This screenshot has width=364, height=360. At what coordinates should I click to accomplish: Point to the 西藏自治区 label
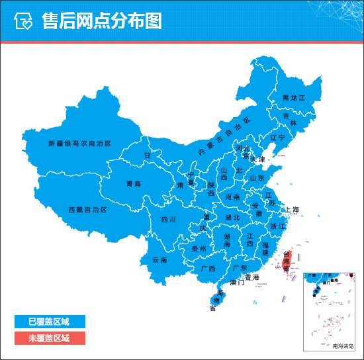[87, 209]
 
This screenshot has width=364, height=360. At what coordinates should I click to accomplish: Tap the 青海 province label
[134, 184]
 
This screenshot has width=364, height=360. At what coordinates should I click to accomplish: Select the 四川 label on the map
[168, 220]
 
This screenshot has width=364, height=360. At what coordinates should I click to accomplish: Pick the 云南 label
[159, 259]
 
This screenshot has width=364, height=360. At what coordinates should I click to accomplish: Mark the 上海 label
[292, 210]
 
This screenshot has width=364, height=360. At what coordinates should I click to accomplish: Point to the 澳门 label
[237, 283]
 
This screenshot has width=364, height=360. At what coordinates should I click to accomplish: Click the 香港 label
[251, 277]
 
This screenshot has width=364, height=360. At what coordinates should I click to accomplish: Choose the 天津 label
[257, 160]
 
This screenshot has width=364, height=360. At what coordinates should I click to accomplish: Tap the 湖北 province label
[232, 217]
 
